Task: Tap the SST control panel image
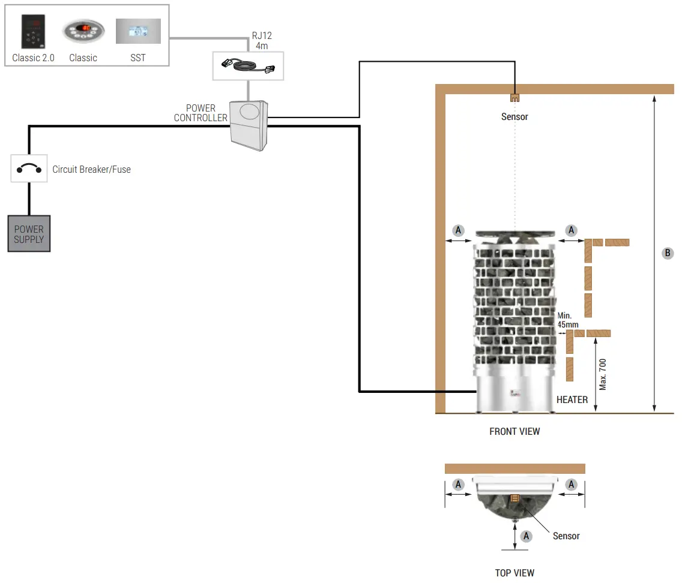pos(138,31)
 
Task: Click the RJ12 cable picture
pos(248,65)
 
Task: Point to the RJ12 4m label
pos(262,40)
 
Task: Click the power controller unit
pos(249,125)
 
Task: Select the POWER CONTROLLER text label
pos(201,113)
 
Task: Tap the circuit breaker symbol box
pos(29,169)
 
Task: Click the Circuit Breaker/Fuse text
pos(91,169)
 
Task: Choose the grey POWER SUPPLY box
pos(29,234)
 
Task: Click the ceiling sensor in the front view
pos(515,97)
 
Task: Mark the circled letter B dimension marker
pos(668,253)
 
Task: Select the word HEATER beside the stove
pos(572,399)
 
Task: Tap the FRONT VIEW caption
pos(515,431)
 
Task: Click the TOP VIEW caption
pos(515,573)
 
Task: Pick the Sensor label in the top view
pos(566,536)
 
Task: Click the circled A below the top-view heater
pos(527,536)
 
